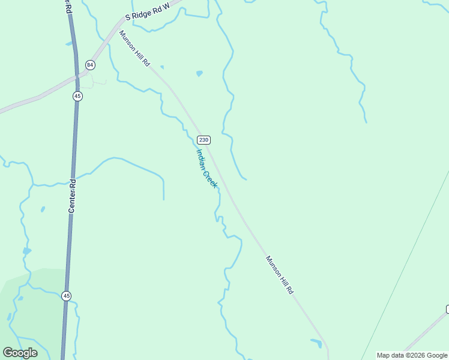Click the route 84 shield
[90, 64]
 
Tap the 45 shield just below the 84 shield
[77, 96]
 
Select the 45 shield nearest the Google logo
[66, 295]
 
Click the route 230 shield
[204, 140]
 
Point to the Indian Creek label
[206, 169]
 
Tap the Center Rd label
[71, 196]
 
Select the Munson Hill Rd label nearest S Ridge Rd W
[134, 49]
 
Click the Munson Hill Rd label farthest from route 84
[280, 275]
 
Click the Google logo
[20, 353]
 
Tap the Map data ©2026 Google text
[412, 355]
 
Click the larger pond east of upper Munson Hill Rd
[199, 74]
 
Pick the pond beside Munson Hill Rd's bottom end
[316, 343]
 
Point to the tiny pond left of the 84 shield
[68, 44]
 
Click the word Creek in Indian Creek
[209, 179]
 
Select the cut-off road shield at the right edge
[447, 309]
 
